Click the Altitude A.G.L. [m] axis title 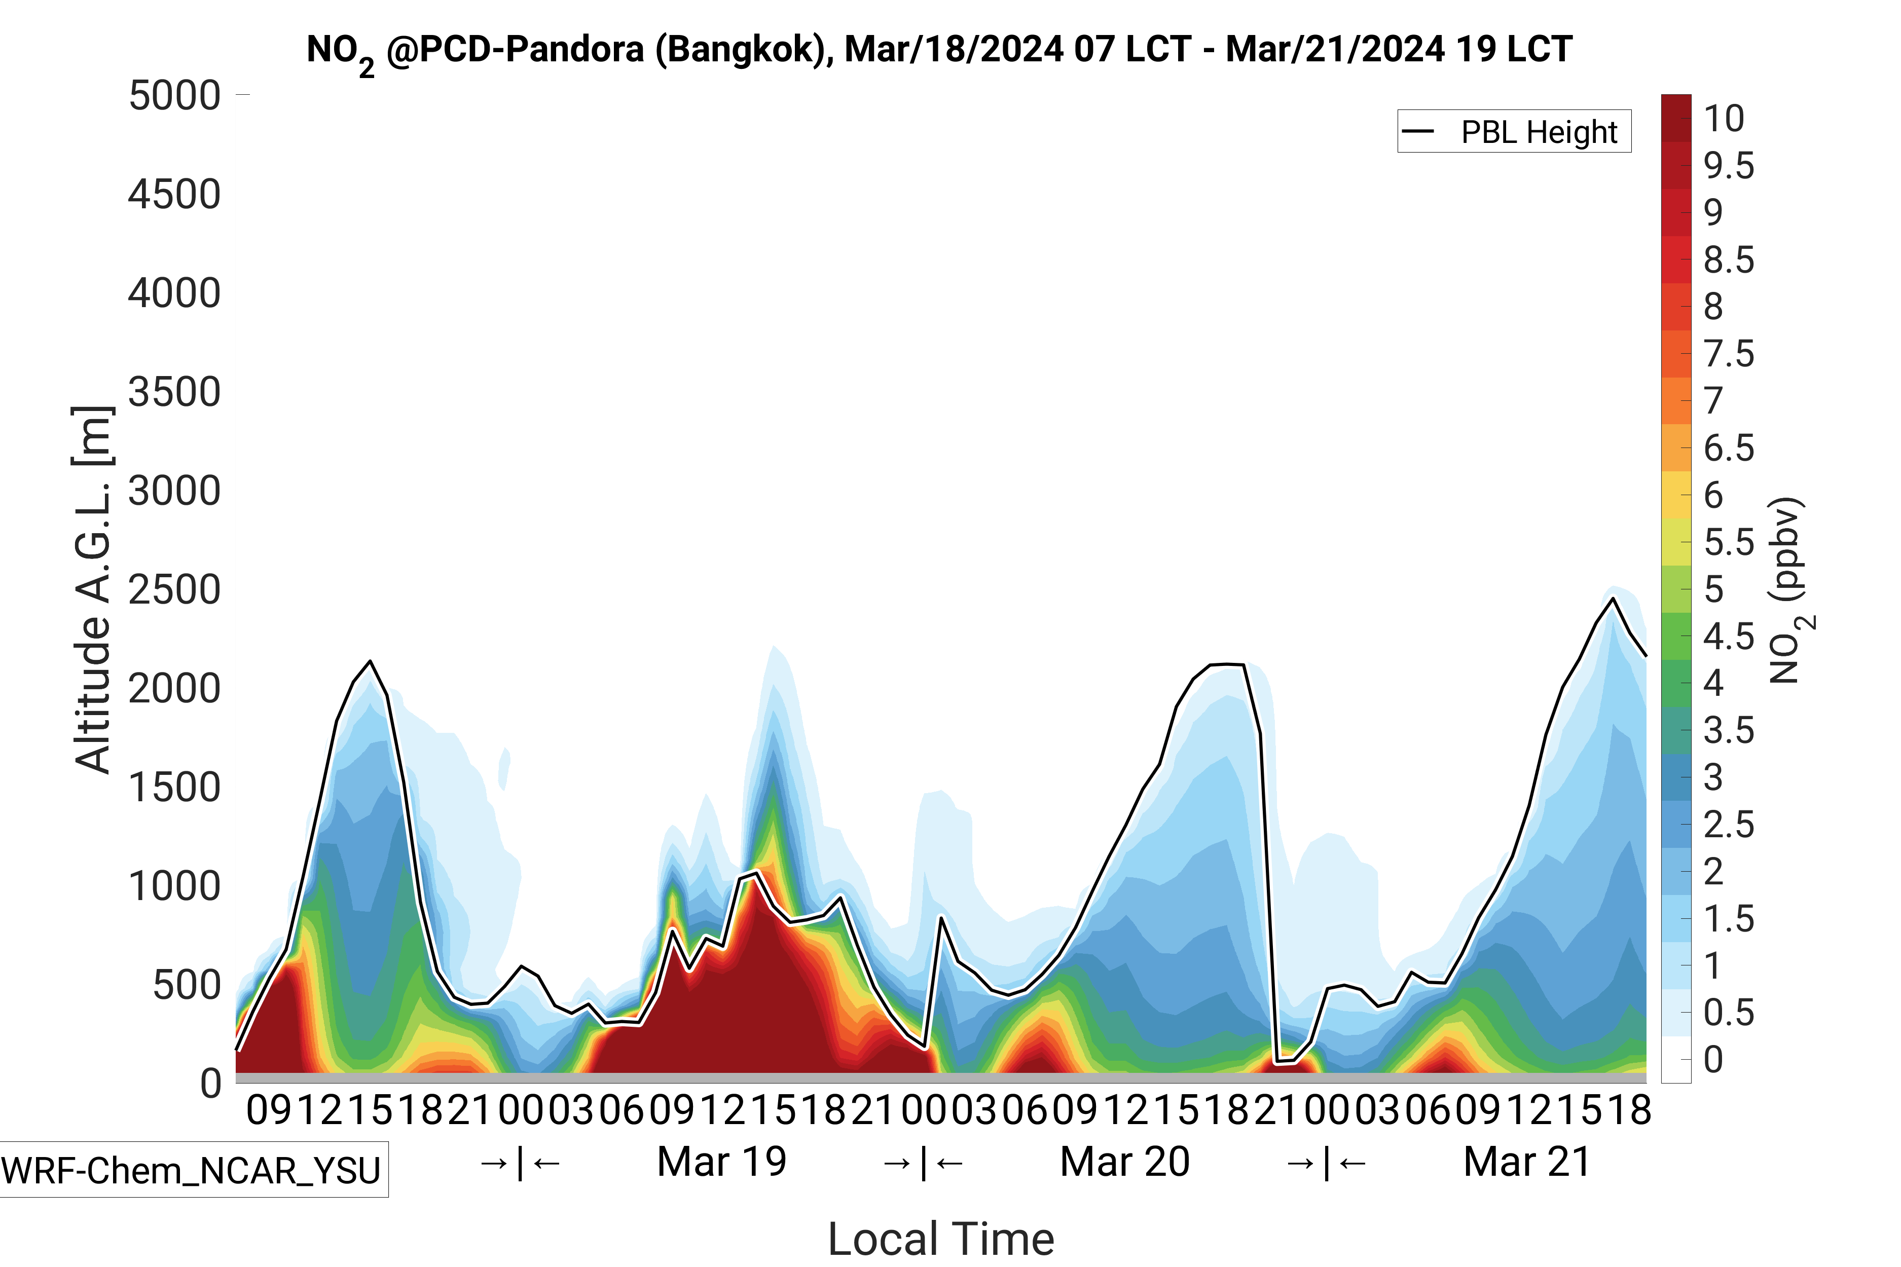(x=92, y=590)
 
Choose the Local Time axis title (x=941, y=1238)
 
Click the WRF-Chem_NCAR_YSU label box (x=192, y=1169)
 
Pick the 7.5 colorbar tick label (x=1728, y=354)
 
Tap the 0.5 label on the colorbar (x=1728, y=1013)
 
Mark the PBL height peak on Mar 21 (x=1613, y=599)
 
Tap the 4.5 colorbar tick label (x=1728, y=637)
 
